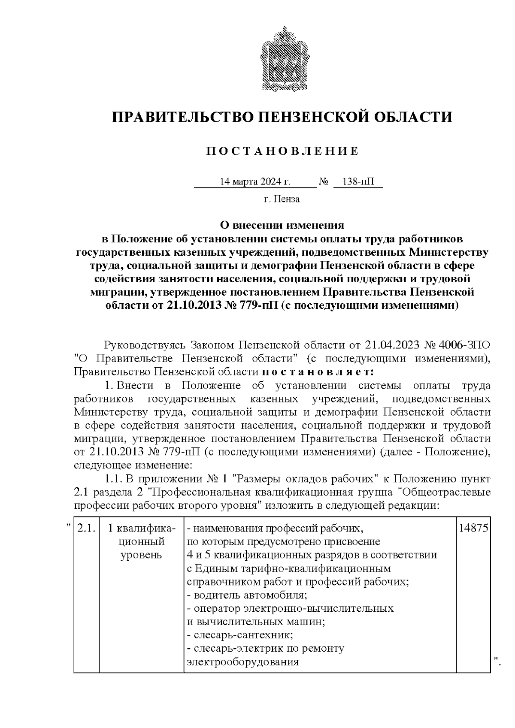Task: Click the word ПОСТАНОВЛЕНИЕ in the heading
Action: tap(282, 151)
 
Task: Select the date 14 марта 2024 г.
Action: tap(255, 181)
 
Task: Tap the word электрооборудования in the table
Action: tap(242, 662)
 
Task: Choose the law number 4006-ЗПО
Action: tap(465, 345)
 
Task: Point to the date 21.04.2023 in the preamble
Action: tap(392, 345)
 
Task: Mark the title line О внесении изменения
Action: tap(282, 225)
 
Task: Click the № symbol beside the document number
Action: tap(324, 181)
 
